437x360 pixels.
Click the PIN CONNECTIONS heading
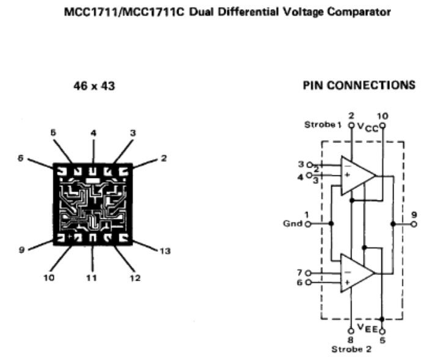point(359,86)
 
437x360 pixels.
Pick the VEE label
point(367,328)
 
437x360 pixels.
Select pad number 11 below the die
point(92,277)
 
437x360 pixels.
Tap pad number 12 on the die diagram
point(135,278)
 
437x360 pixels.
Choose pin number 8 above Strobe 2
point(351,339)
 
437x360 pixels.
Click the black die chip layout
point(94,204)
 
